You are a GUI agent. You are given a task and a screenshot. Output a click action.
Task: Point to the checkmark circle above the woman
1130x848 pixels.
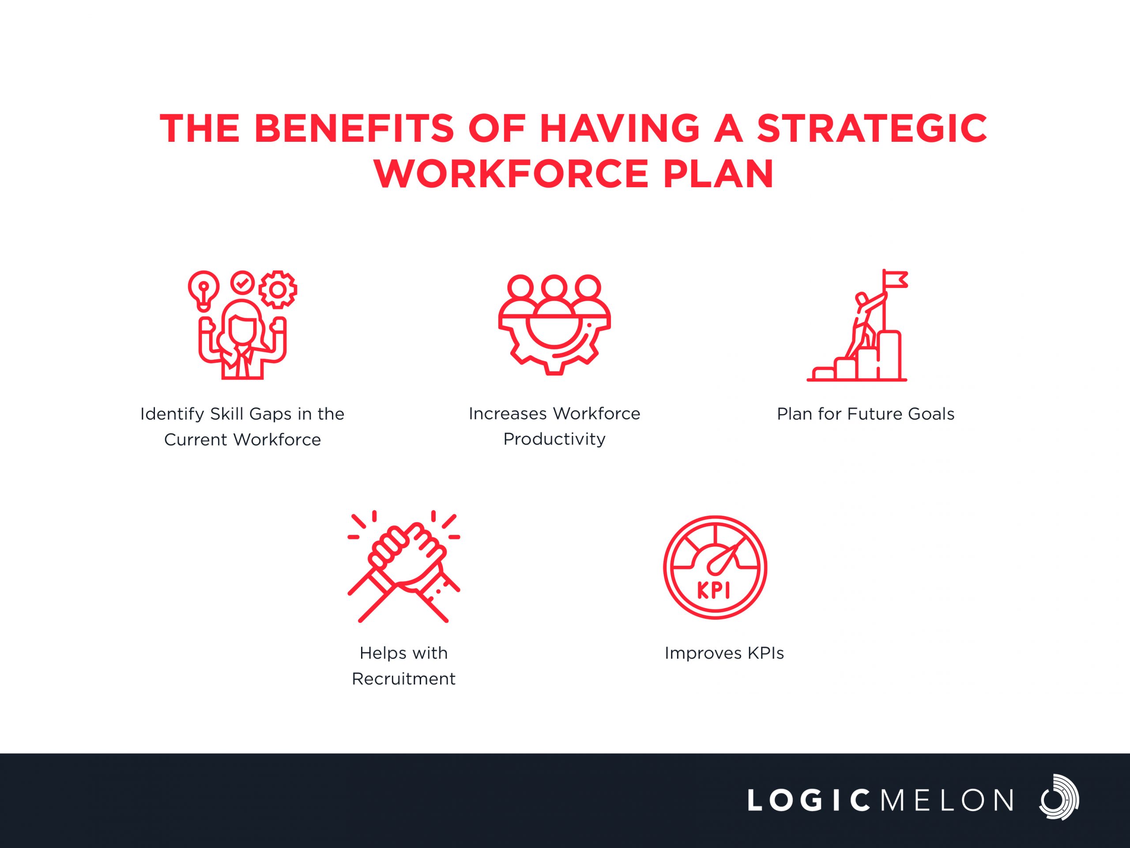[242, 282]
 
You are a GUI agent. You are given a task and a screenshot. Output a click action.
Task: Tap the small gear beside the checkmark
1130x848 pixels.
[277, 290]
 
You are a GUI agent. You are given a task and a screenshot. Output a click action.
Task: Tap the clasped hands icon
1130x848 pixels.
[403, 566]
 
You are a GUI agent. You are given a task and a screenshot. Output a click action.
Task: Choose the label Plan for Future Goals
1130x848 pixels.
[866, 414]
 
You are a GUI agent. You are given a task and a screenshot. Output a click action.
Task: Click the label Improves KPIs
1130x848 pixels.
[724, 653]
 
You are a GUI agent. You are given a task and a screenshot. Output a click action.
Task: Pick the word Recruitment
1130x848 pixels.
[403, 679]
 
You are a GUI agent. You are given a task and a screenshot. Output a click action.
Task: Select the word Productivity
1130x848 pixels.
[554, 439]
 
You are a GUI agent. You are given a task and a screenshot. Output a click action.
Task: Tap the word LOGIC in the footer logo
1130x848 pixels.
[809, 800]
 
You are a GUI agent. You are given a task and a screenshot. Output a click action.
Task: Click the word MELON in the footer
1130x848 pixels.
[947, 800]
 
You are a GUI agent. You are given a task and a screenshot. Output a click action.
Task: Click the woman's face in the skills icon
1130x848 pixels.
[242, 329]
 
